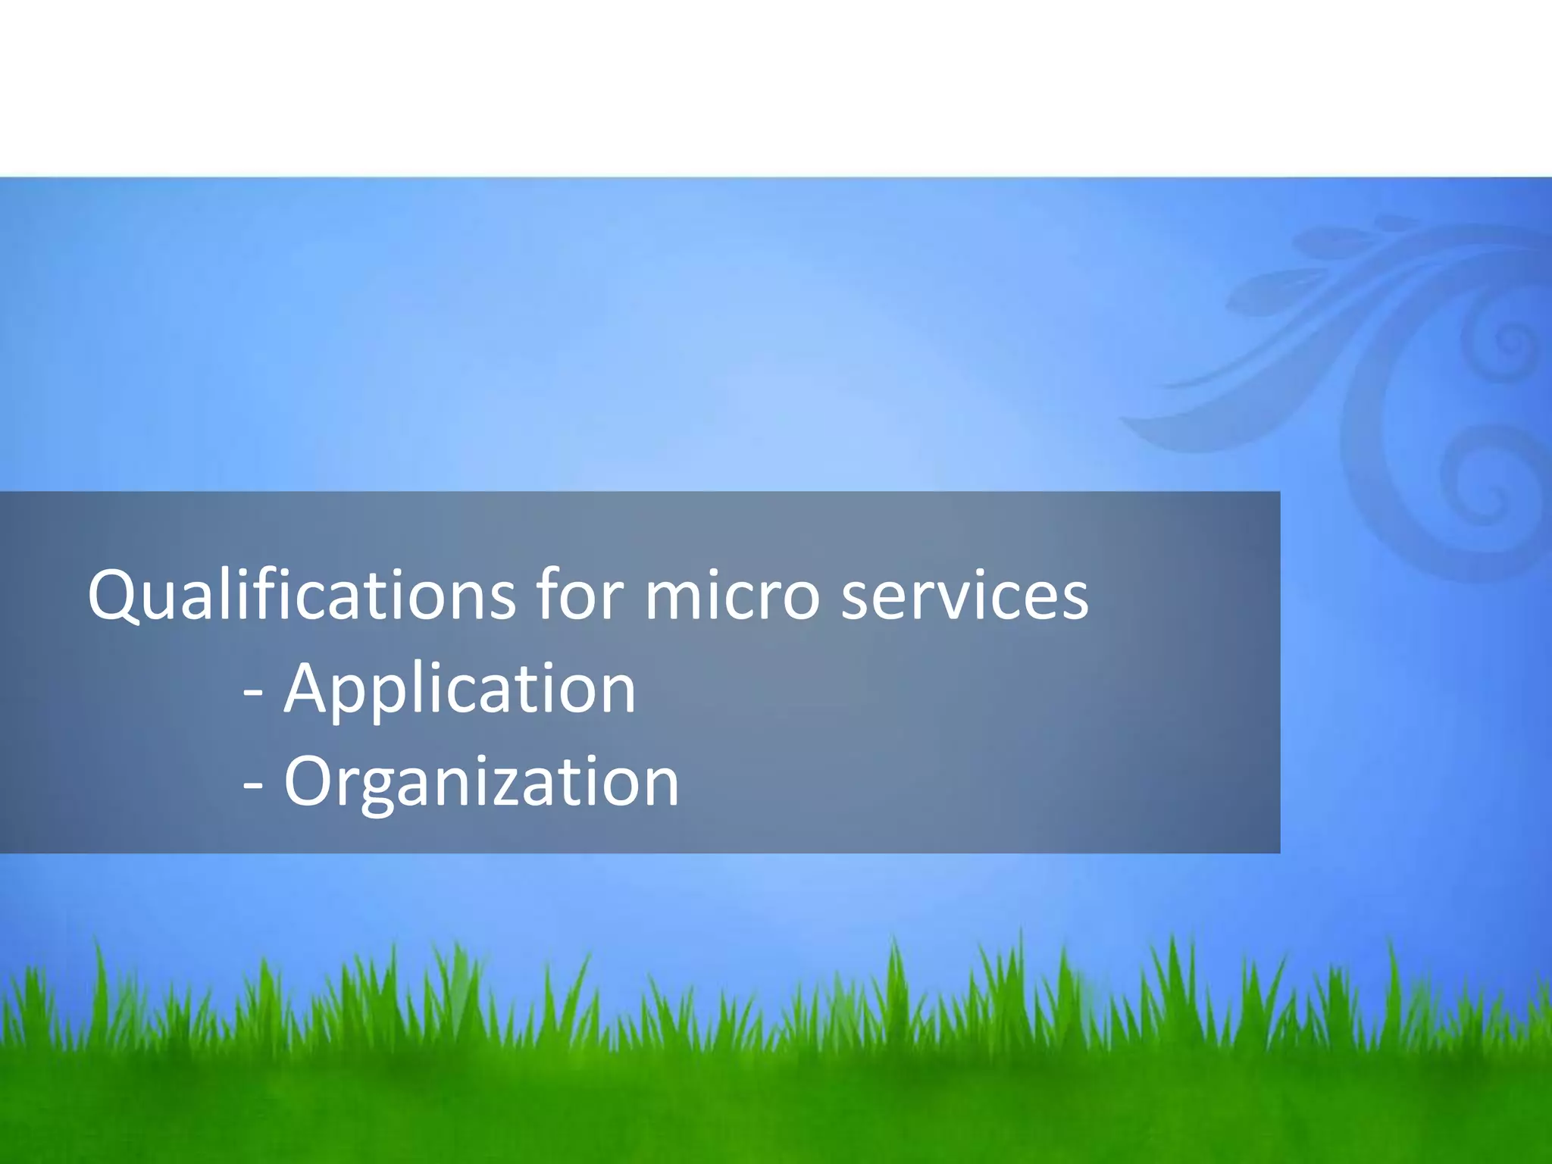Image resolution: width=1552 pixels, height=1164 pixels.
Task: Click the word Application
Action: tap(459, 690)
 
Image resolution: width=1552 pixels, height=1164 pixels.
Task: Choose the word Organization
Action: tap(481, 783)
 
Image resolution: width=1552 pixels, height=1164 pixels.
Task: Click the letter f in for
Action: tap(547, 593)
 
